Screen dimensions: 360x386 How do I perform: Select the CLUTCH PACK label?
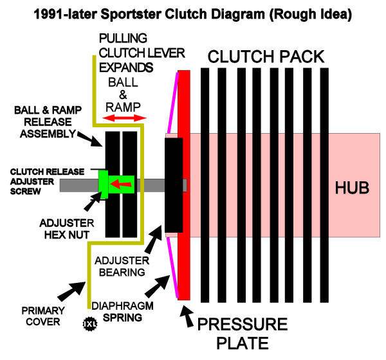pos(266,57)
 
